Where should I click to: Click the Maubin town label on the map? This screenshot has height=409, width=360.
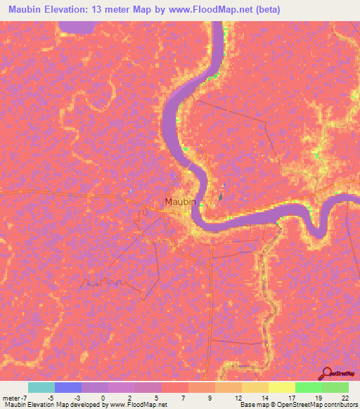coord(180,202)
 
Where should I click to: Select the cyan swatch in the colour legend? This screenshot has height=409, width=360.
coord(41,387)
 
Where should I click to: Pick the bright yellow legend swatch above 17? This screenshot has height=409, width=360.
coord(281,387)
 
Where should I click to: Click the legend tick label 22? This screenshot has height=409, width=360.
coord(344,397)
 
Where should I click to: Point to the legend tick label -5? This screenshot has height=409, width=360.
coord(50,397)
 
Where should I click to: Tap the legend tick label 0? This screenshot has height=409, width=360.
coord(103,397)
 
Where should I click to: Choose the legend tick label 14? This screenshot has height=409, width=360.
coord(264,397)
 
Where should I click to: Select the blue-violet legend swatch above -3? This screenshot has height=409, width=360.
coord(67,387)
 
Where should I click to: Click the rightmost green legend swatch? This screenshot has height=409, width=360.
coord(335,387)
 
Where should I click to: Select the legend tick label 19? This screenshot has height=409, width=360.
coord(317,397)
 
